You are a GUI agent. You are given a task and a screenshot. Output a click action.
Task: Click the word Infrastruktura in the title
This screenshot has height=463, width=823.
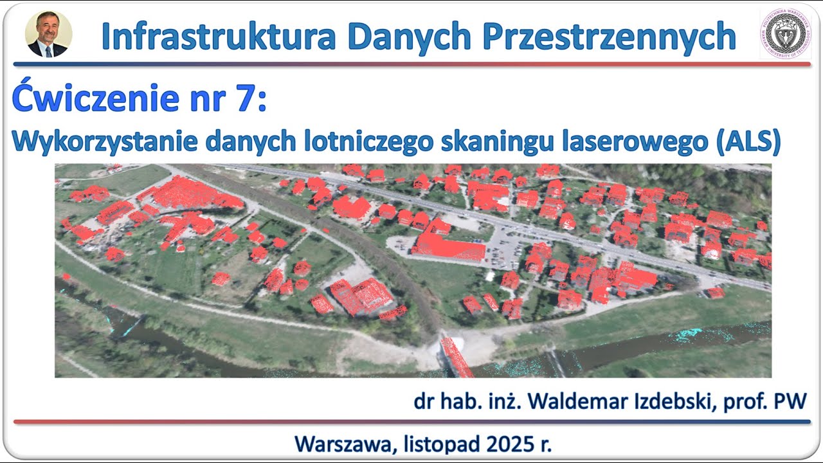click(x=219, y=36)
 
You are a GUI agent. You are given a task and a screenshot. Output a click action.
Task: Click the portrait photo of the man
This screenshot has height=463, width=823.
click(x=48, y=34)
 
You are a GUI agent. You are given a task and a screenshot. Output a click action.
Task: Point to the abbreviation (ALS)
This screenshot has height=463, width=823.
click(x=747, y=142)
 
